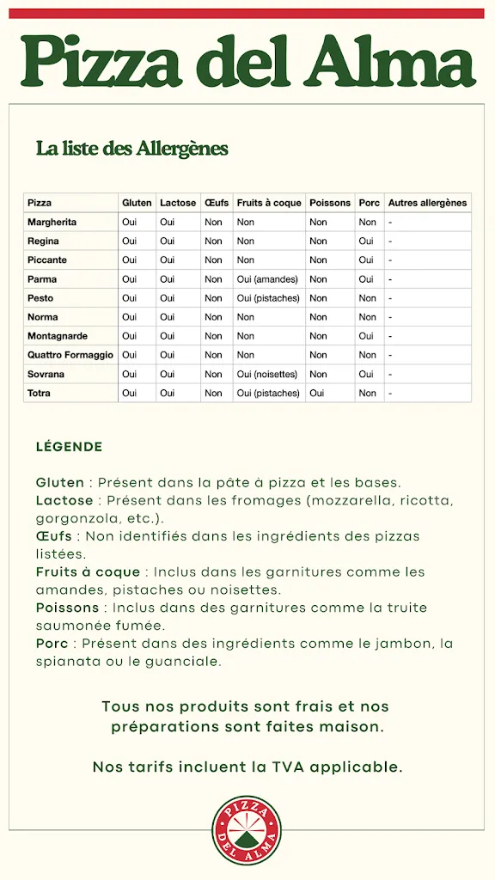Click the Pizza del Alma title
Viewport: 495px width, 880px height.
(x=247, y=61)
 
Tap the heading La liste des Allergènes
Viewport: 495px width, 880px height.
(x=131, y=149)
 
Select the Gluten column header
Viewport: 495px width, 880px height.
(x=137, y=203)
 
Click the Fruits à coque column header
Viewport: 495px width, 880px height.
(x=269, y=203)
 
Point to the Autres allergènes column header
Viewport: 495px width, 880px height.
(x=427, y=203)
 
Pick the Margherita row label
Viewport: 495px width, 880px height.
(x=52, y=222)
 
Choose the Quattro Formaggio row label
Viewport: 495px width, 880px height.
(x=70, y=355)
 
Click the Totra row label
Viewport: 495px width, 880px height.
(x=39, y=393)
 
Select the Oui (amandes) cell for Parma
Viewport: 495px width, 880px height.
(x=266, y=279)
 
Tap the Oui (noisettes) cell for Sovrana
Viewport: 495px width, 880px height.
(x=267, y=374)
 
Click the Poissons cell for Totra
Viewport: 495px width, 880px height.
(x=316, y=393)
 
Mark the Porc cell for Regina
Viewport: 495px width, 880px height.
(x=366, y=241)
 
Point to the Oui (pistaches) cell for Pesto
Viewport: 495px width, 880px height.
(x=268, y=298)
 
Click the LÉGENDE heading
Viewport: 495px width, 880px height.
(x=69, y=447)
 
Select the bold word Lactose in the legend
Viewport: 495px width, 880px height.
(x=64, y=500)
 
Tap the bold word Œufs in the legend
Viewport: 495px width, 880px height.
(x=54, y=536)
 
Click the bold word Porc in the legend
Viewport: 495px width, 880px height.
(x=52, y=644)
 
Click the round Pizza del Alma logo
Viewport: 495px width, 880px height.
(x=247, y=829)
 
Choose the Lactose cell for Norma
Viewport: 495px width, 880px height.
(x=167, y=317)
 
